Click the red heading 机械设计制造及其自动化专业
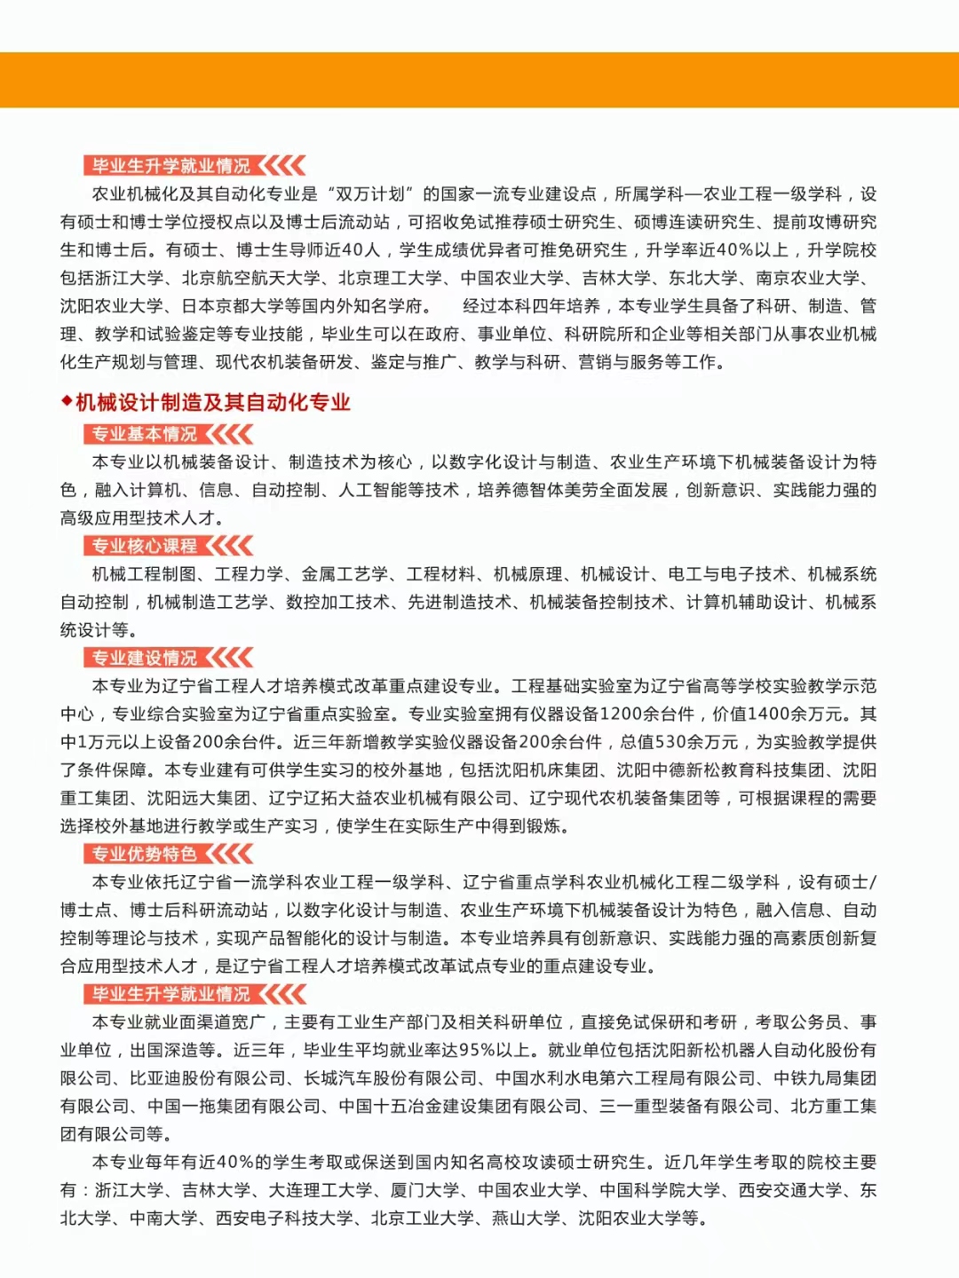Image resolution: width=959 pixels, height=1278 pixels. click(x=213, y=403)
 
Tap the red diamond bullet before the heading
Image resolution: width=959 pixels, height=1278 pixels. click(x=67, y=402)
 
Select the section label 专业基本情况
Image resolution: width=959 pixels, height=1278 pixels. click(x=145, y=434)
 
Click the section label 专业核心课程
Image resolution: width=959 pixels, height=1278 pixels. click(x=145, y=546)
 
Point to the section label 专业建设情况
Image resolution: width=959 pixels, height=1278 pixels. click(x=145, y=658)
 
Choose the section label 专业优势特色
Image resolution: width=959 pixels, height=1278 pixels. click(x=145, y=854)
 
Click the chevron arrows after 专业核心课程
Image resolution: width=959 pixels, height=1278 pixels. click(x=231, y=546)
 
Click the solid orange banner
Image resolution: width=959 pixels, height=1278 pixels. click(x=479, y=80)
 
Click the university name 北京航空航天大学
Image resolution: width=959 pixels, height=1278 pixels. click(x=251, y=278)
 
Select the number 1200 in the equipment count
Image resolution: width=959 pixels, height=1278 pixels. click(x=622, y=714)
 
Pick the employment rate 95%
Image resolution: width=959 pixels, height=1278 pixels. click(x=477, y=1050)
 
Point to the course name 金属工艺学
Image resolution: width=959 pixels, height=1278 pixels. click(x=345, y=574)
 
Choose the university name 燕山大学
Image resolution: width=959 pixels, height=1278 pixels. click(x=527, y=1219)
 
